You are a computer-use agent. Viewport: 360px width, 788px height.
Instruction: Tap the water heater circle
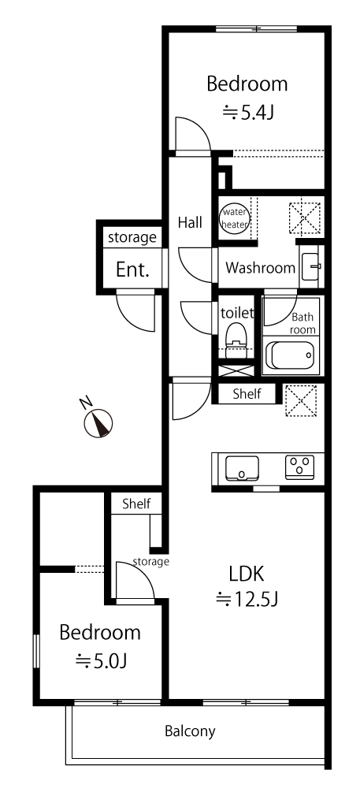[x=235, y=218]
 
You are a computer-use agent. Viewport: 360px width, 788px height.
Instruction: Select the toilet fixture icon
[x=236, y=340]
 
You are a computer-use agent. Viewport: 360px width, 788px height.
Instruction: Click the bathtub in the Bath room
[x=290, y=355]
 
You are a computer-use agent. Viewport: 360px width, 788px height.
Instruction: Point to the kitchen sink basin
[x=242, y=468]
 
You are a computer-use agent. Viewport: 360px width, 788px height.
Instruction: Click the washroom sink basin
[x=310, y=266]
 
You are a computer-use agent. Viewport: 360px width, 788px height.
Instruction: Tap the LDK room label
[x=246, y=573]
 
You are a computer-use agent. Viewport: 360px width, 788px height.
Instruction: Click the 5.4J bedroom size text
[x=248, y=113]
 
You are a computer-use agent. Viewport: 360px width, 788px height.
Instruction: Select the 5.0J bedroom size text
[x=100, y=661]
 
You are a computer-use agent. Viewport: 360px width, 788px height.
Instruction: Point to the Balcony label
[x=190, y=731]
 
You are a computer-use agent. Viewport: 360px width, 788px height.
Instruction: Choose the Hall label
[x=190, y=222]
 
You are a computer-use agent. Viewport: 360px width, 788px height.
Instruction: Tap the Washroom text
[x=260, y=268]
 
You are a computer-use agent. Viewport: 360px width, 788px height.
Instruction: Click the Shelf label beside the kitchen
[x=247, y=393]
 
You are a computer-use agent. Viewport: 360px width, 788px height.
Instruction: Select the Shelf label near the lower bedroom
[x=136, y=504]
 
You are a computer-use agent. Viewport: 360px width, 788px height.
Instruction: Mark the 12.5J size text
[x=247, y=599]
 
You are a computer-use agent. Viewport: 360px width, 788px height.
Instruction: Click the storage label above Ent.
[x=132, y=237]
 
